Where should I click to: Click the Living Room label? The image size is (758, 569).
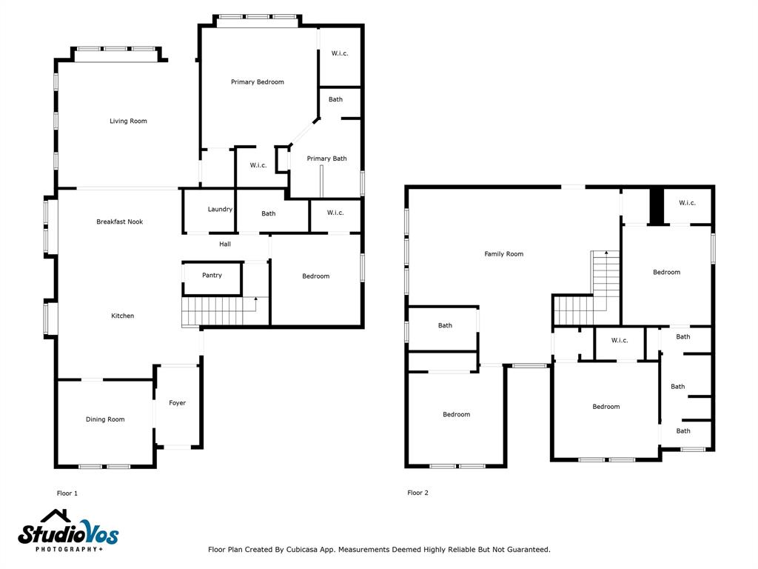[x=128, y=121]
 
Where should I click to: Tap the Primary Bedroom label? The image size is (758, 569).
[x=257, y=81]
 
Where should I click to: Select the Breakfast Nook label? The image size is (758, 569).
[x=119, y=222]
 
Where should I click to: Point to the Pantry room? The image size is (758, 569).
[x=212, y=279]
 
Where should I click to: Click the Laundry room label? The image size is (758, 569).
[x=220, y=210]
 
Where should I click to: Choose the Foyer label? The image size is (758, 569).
[x=178, y=402]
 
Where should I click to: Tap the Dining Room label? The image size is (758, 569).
[x=105, y=419]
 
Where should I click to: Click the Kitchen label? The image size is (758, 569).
[x=122, y=316]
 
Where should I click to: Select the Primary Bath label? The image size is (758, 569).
[x=326, y=159]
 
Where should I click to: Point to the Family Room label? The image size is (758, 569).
[x=503, y=253]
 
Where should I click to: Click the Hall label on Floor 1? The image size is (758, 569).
[x=225, y=244]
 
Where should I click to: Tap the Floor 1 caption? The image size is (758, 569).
[x=67, y=493]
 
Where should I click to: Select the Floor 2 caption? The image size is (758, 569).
[x=417, y=493]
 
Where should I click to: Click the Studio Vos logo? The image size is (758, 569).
[x=68, y=530]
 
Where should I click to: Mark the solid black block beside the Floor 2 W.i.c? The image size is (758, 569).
[x=657, y=206]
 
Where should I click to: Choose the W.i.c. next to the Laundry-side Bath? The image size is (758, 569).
[x=335, y=213]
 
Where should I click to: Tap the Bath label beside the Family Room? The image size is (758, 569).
[x=445, y=325]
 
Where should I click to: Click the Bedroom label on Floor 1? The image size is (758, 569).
[x=315, y=276]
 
